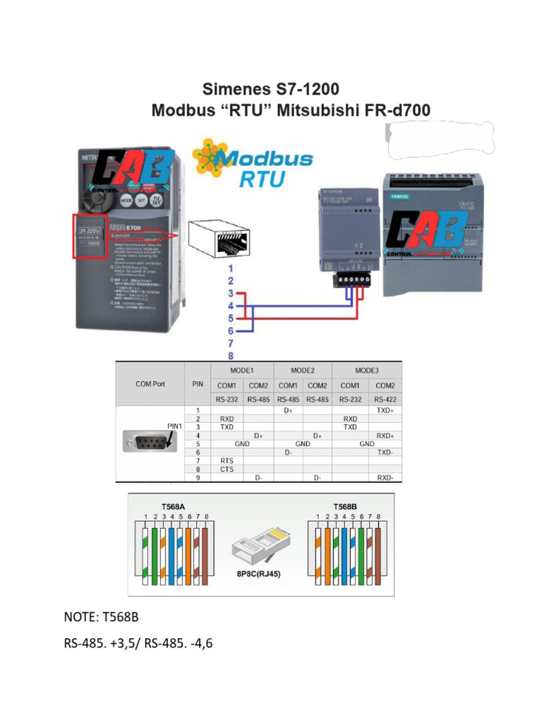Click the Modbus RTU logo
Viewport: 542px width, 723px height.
(255, 163)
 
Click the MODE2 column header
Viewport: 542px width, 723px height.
(302, 370)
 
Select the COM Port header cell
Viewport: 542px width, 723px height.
(150, 384)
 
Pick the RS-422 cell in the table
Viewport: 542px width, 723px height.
(385, 398)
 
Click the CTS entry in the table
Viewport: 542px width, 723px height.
(227, 468)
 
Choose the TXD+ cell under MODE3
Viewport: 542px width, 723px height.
(385, 410)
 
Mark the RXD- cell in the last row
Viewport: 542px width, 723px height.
(385, 478)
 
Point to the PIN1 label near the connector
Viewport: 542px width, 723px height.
(175, 426)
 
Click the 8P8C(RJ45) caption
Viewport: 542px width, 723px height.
(258, 574)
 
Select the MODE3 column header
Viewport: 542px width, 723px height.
(366, 370)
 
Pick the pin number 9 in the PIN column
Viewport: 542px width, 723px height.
(198, 478)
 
